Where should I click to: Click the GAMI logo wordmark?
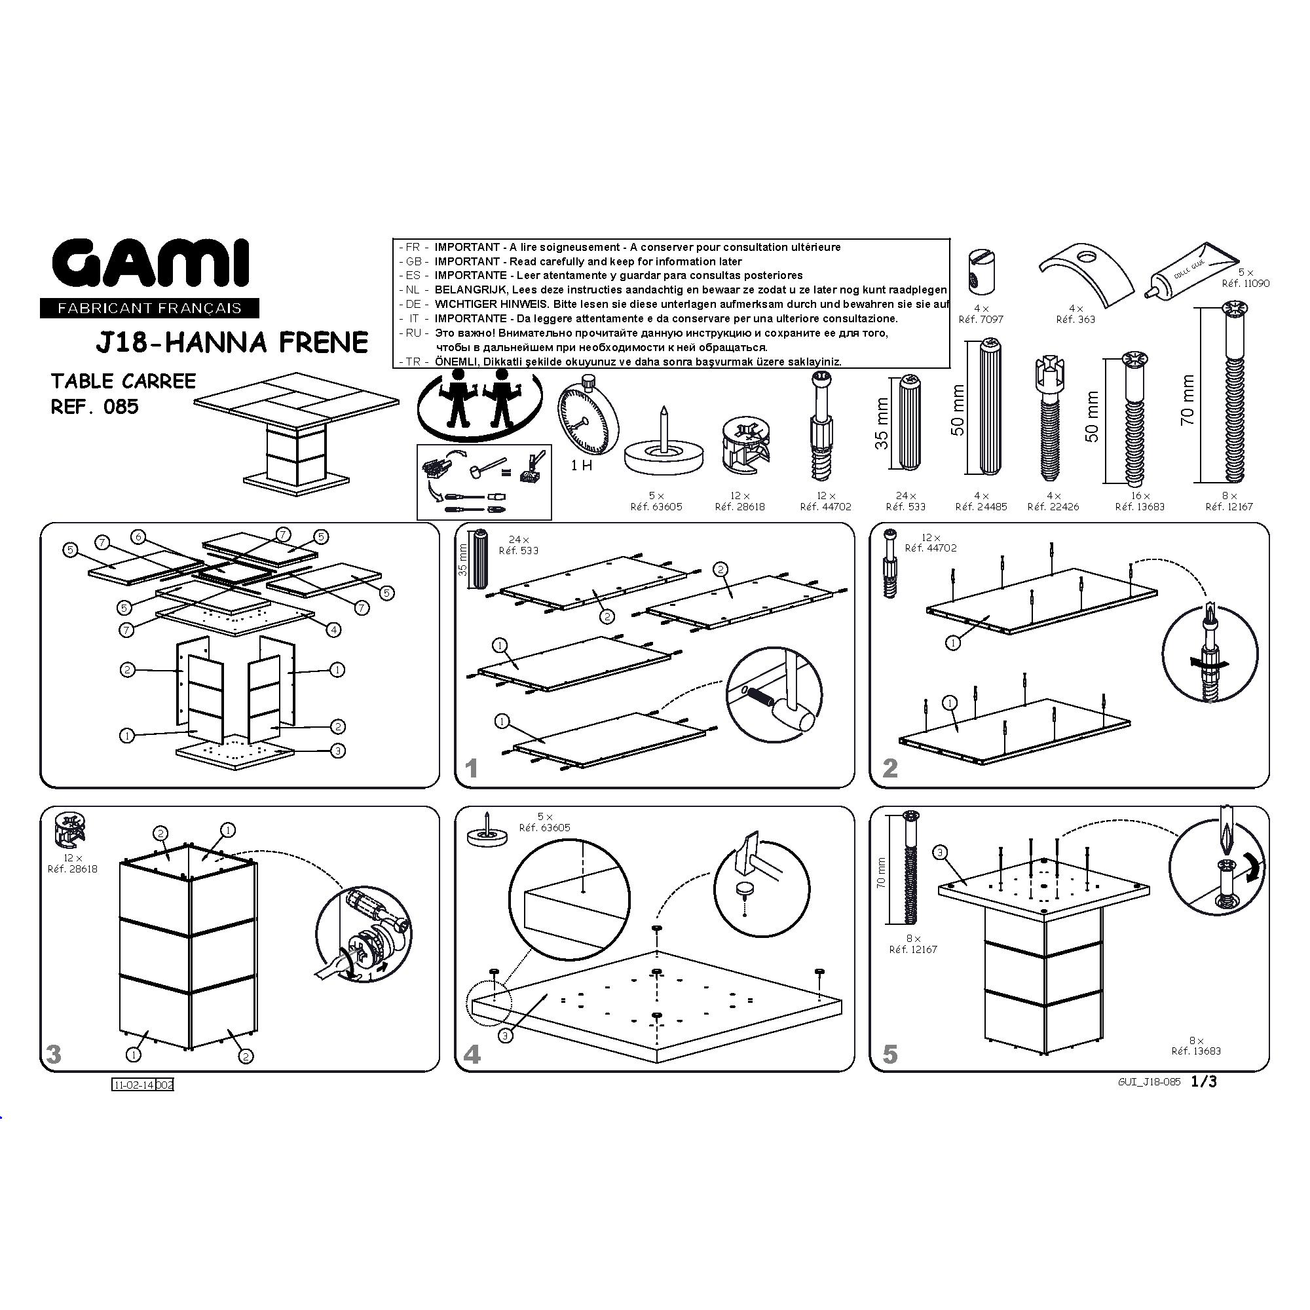click(151, 265)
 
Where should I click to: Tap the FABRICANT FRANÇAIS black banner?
click(149, 309)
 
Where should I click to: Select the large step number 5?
click(890, 1055)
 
